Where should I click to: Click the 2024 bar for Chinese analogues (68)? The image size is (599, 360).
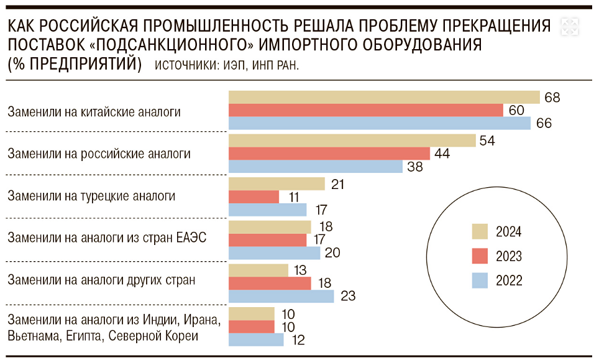[x=384, y=97]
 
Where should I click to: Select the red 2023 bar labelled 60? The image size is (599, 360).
[x=366, y=110]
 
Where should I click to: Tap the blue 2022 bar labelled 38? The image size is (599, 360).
[x=316, y=167]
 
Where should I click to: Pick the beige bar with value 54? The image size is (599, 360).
[x=352, y=141]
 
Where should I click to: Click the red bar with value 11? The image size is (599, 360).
[x=254, y=197]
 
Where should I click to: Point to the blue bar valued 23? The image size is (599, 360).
[x=281, y=296]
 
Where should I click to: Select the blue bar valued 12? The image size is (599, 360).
[x=256, y=339]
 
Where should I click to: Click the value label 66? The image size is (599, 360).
[x=544, y=123]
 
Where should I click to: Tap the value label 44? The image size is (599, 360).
[x=442, y=154]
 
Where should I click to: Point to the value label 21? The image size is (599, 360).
[x=337, y=184]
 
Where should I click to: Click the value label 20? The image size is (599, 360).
[x=332, y=253]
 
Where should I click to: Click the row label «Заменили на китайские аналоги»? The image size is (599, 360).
[x=94, y=112]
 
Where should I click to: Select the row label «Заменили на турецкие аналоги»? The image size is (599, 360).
[x=91, y=196]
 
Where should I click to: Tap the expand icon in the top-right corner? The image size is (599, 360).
[x=570, y=26]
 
